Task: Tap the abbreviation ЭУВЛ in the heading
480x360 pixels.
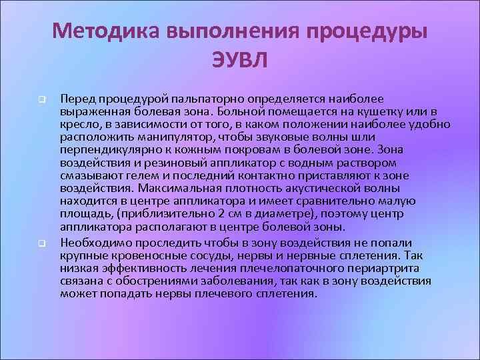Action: [x=240, y=60]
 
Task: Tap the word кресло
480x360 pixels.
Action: [x=77, y=124]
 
